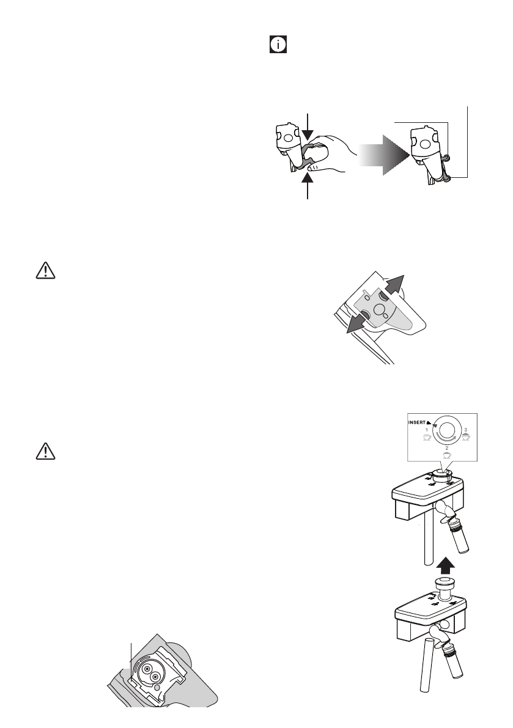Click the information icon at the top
(278, 46)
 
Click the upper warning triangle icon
(45, 271)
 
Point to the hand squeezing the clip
(327, 152)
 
